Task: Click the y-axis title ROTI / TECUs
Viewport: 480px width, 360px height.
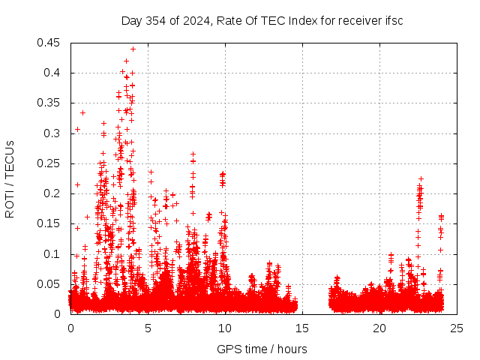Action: point(10,178)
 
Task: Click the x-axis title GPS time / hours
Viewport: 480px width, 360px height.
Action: point(262,349)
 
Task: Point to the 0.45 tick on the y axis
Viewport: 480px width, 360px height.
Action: point(50,43)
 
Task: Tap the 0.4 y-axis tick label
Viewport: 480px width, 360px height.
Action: point(53,73)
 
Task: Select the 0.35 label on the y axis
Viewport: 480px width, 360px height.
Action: point(50,103)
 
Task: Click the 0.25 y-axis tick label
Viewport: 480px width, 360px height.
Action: point(50,163)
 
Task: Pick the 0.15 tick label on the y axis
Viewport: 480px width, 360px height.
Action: point(50,223)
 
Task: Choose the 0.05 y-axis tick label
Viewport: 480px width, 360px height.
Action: point(50,283)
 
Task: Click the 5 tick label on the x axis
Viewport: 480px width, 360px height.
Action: point(148,328)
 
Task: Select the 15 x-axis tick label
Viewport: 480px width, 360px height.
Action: point(303,328)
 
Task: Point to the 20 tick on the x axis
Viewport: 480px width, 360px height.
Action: point(380,328)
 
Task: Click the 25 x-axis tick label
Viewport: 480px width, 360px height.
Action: point(457,328)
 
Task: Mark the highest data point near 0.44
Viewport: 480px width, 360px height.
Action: point(133,49)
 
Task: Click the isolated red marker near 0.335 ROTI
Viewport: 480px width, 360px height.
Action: point(82,112)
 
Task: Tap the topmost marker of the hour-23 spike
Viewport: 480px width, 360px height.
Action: point(421,178)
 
